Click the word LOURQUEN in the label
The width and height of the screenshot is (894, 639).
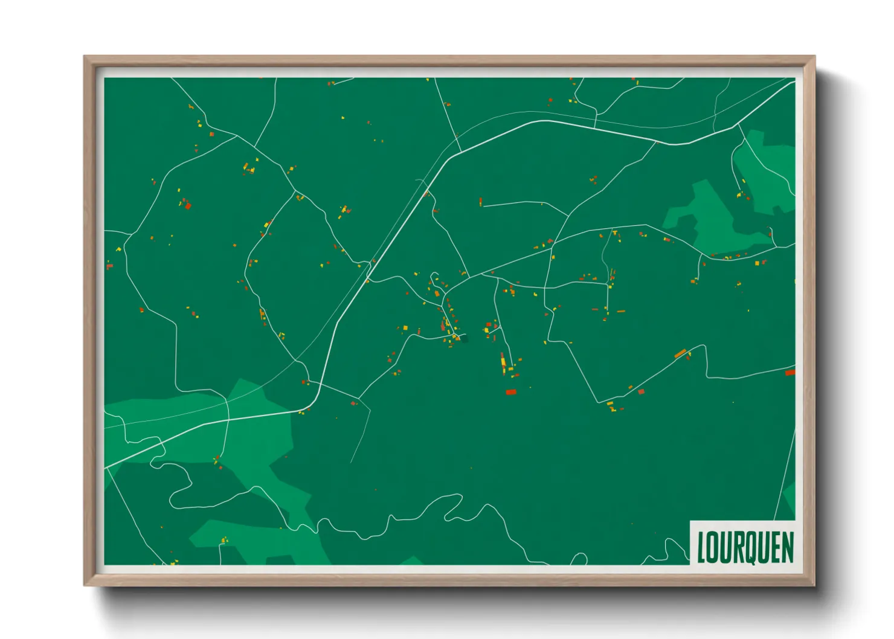(x=745, y=548)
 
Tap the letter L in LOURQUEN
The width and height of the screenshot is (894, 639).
(x=701, y=548)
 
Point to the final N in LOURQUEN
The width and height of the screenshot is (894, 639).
(x=788, y=548)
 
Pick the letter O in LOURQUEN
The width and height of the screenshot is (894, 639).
(x=713, y=548)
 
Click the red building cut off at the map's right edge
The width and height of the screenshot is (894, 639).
(x=790, y=373)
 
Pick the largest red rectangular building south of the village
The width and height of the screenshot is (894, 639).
(x=510, y=392)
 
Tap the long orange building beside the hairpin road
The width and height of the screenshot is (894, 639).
(x=680, y=353)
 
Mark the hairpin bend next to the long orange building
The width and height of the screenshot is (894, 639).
(x=704, y=346)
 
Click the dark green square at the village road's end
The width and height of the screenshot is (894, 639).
(x=464, y=338)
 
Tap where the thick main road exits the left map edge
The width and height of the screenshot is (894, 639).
(x=106, y=468)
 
